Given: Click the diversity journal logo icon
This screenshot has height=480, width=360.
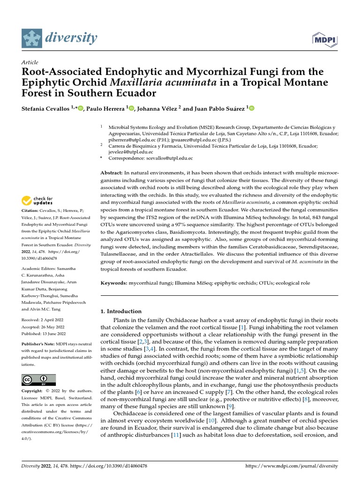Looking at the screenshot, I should pos(32,38).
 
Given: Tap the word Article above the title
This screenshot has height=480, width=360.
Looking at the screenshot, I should pos(30,62).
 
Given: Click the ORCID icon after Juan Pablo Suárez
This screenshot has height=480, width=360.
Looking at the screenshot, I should pos(251,109).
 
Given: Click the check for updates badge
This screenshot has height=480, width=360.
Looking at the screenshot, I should pos(37,201).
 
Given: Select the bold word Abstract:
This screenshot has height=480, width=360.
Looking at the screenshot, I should pos(112,173).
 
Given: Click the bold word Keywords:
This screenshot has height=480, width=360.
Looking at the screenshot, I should pos(114,284).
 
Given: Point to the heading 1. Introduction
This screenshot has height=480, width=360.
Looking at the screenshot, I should pos(121,311).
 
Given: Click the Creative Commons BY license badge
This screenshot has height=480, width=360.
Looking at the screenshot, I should pos(38,380).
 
